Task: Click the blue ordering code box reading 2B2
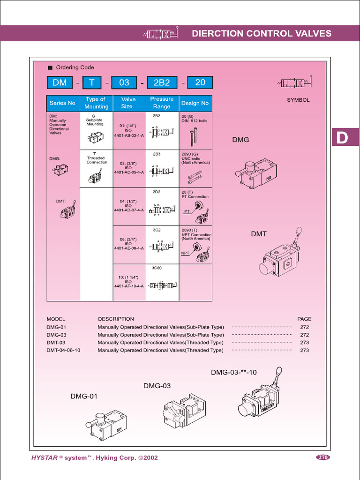[162, 82]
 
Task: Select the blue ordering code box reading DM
[60, 82]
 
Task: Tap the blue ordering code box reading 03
[124, 82]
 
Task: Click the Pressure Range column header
[162, 103]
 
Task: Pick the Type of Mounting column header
[96, 103]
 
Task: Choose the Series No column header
[62, 103]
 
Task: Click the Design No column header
[195, 103]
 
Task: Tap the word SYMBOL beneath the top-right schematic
[298, 100]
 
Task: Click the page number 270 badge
[322, 457]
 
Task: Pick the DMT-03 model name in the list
[56, 343]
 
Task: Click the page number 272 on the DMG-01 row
[304, 327]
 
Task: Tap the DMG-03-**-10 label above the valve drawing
[233, 372]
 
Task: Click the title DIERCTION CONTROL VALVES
[262, 34]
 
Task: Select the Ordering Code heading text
[75, 67]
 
